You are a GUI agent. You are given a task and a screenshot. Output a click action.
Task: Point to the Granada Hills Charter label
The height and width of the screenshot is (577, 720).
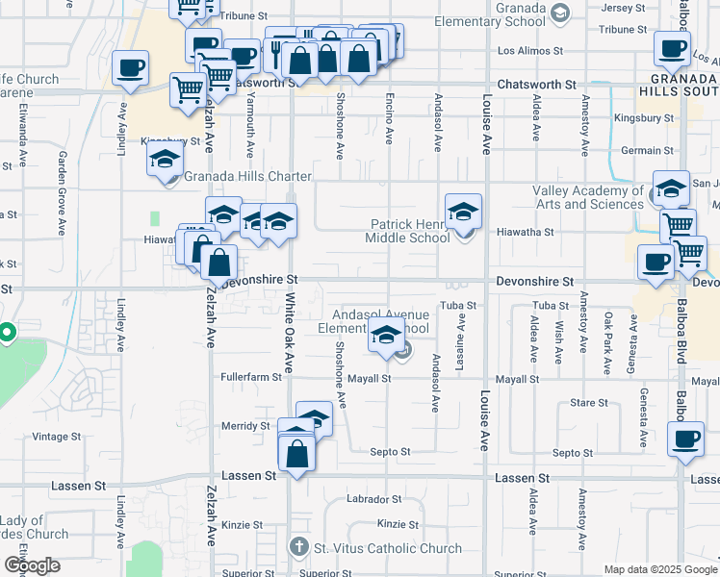point(247,177)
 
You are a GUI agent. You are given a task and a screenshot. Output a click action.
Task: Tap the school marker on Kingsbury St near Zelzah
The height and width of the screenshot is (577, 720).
point(165,159)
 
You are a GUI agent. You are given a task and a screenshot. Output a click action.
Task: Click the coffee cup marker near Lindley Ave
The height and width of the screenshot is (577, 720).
point(130,69)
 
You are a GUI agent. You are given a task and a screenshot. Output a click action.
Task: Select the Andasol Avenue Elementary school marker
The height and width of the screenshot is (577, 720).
point(386,337)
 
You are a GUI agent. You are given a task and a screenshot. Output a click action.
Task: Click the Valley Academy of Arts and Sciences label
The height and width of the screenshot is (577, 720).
point(588,197)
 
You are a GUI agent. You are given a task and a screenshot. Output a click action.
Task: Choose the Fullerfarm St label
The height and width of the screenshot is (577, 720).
point(250,378)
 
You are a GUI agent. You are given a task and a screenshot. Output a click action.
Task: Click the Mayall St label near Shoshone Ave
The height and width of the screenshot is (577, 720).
point(370,379)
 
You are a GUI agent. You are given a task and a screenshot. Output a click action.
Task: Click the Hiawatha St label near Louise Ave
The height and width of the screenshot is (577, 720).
point(526,232)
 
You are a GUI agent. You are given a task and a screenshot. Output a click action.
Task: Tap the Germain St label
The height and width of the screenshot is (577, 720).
point(648,150)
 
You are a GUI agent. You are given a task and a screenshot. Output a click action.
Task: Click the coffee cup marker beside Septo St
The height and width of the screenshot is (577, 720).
point(687,440)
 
